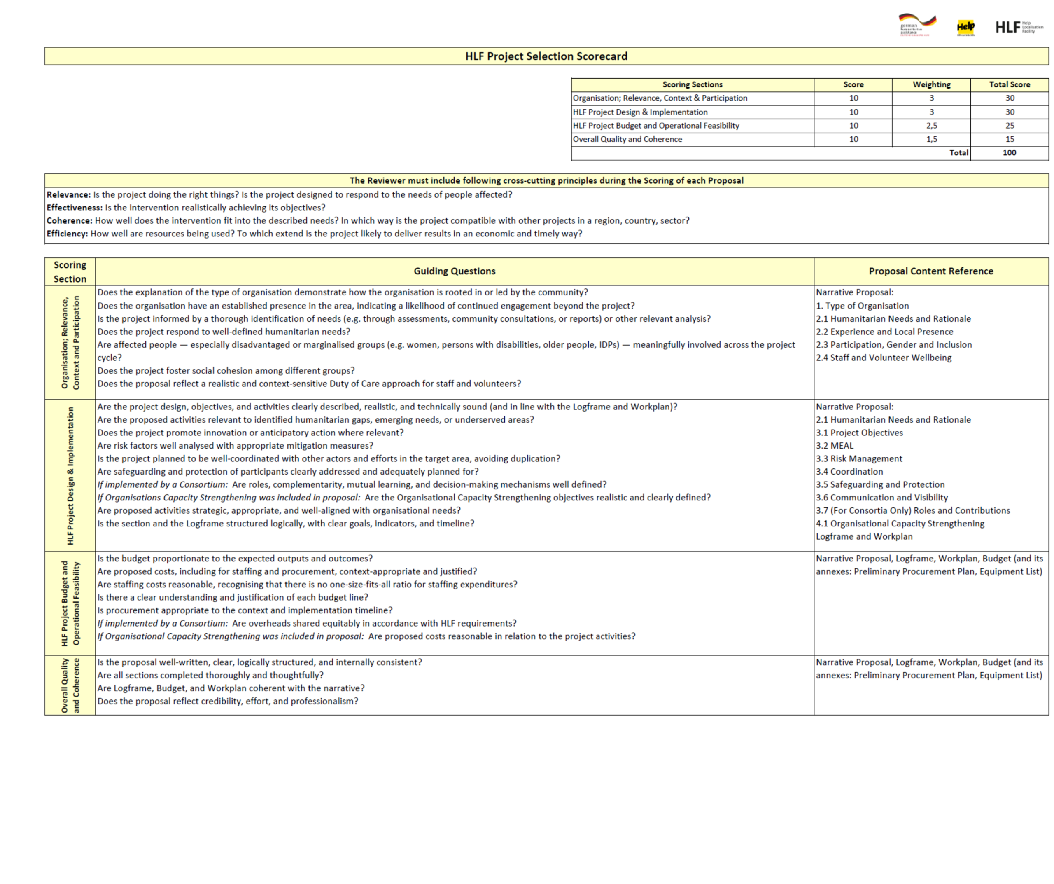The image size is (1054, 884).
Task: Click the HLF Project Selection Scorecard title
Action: [x=546, y=56]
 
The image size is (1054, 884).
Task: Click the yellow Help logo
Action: [x=965, y=27]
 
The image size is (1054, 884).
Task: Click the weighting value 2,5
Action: [x=932, y=126]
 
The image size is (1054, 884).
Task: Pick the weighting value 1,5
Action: [x=932, y=139]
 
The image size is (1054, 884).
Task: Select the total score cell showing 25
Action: [x=1010, y=126]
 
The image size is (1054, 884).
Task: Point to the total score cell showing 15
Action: [x=1010, y=139]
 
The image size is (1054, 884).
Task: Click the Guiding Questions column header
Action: [x=454, y=271]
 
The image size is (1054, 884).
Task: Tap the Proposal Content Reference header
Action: [x=931, y=271]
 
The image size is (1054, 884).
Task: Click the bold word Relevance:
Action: [x=69, y=195]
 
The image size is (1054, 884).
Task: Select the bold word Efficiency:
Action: [x=67, y=234]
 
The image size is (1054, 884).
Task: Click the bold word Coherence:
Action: [x=69, y=221]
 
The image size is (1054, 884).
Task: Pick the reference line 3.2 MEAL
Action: [x=835, y=446]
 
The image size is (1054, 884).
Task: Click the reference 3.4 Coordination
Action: [x=849, y=472]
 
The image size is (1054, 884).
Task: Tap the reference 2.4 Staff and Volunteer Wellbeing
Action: [x=884, y=358]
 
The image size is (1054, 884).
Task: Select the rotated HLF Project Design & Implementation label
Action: [x=70, y=476]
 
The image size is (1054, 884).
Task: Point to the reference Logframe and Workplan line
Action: [x=864, y=537]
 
